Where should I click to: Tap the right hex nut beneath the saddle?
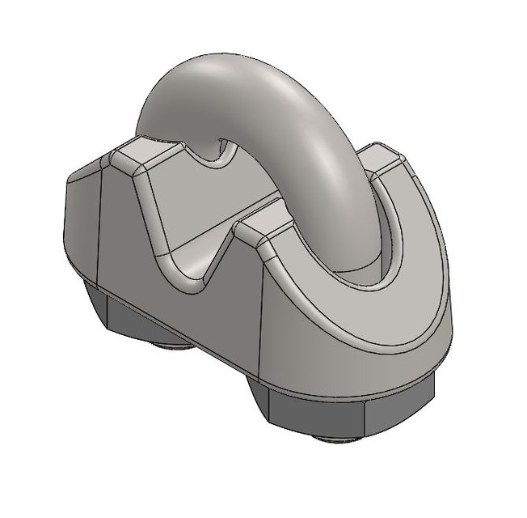point(339,413)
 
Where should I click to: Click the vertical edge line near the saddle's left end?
point(99,227)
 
